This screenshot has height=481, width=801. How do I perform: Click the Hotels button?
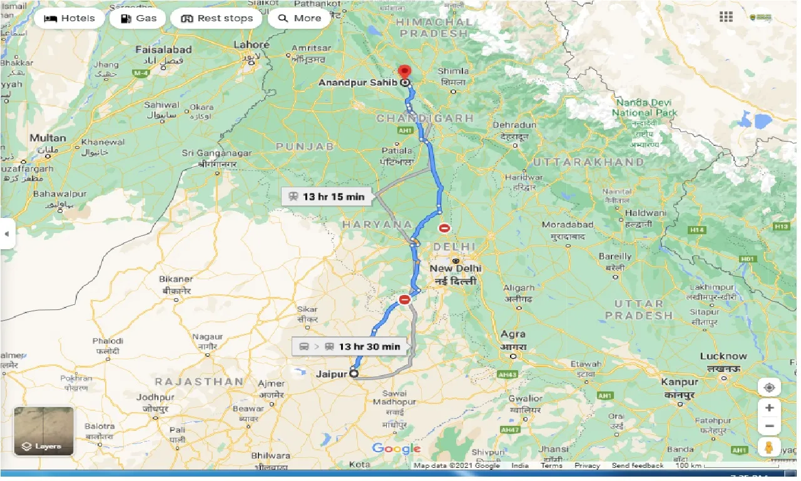(x=69, y=18)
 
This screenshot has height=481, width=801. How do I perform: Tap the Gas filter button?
(x=138, y=18)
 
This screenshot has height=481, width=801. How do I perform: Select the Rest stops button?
(x=217, y=18)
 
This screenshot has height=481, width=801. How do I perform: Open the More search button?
(x=299, y=18)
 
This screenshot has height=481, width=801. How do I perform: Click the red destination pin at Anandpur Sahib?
(x=404, y=71)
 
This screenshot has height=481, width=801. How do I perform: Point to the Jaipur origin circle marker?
(x=354, y=373)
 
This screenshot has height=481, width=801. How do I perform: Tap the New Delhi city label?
(x=456, y=268)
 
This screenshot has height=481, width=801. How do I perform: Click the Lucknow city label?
(x=723, y=356)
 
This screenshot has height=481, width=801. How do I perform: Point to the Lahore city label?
(x=251, y=45)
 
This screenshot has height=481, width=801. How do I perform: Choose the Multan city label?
(x=48, y=138)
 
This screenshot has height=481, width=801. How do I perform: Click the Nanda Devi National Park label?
(x=645, y=107)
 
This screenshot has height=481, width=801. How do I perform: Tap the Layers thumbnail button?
(x=44, y=431)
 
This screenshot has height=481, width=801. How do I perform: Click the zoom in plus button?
(x=769, y=408)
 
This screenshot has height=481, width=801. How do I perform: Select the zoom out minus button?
(x=769, y=426)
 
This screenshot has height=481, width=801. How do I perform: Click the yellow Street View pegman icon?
(x=769, y=447)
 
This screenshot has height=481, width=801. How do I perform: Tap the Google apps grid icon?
(x=726, y=17)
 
